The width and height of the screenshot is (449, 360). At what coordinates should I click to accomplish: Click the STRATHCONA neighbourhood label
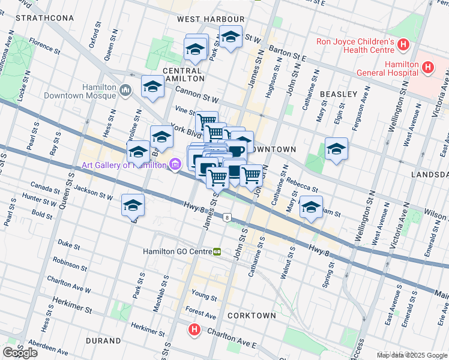[45, 18]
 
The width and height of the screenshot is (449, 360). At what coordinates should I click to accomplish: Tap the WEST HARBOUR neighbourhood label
[211, 19]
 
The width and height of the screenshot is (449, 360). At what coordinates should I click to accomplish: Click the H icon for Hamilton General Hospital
[427, 67]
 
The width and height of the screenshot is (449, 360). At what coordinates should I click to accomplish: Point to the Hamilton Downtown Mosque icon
[125, 91]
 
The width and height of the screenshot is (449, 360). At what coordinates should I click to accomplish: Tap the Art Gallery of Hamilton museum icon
[175, 164]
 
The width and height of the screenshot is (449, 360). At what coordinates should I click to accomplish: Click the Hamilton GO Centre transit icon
[217, 251]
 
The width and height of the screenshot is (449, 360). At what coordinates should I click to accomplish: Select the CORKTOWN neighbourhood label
[252, 315]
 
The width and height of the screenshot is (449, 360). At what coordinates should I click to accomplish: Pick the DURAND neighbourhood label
[103, 341]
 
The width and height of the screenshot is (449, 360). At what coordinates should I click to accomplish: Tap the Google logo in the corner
[20, 352]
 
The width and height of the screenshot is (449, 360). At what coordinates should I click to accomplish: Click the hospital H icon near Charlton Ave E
[194, 329]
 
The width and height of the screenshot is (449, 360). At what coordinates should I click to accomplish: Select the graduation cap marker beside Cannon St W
[152, 87]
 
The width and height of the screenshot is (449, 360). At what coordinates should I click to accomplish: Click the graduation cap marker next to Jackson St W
[133, 206]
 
